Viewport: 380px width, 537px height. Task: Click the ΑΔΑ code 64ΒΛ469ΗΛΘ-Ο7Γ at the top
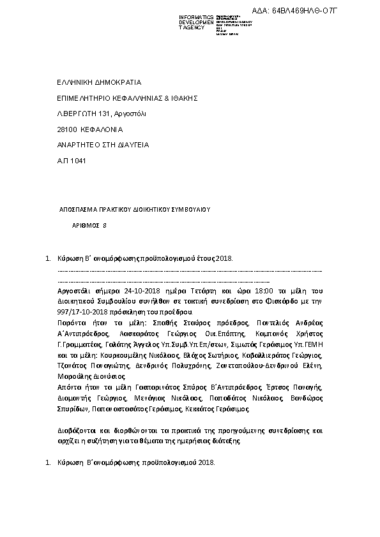pos(336,10)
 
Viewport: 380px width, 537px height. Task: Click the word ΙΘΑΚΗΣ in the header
pos(185,98)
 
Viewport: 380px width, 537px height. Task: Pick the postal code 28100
pos(66,129)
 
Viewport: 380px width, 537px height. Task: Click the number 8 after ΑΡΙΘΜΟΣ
pos(105,225)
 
